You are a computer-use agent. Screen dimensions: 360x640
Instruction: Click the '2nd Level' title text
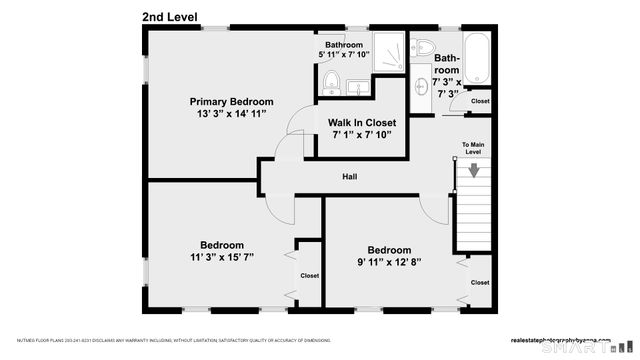pos(169,17)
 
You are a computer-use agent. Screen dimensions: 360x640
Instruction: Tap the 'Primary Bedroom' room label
pos(231,101)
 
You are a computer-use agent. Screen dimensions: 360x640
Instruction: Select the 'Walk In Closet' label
pos(361,122)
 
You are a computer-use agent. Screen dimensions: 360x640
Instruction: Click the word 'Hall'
pos(350,177)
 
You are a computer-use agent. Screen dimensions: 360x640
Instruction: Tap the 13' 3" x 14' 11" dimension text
pos(231,114)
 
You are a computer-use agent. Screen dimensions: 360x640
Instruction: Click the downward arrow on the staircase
pos(474,170)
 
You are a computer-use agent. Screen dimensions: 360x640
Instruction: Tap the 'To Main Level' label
pos(474,149)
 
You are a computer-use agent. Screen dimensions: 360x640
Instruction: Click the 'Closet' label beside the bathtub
pos(480,101)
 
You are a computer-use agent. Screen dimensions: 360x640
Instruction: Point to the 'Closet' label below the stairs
pos(480,283)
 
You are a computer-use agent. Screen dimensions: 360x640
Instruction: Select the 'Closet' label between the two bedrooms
pos(309,275)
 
